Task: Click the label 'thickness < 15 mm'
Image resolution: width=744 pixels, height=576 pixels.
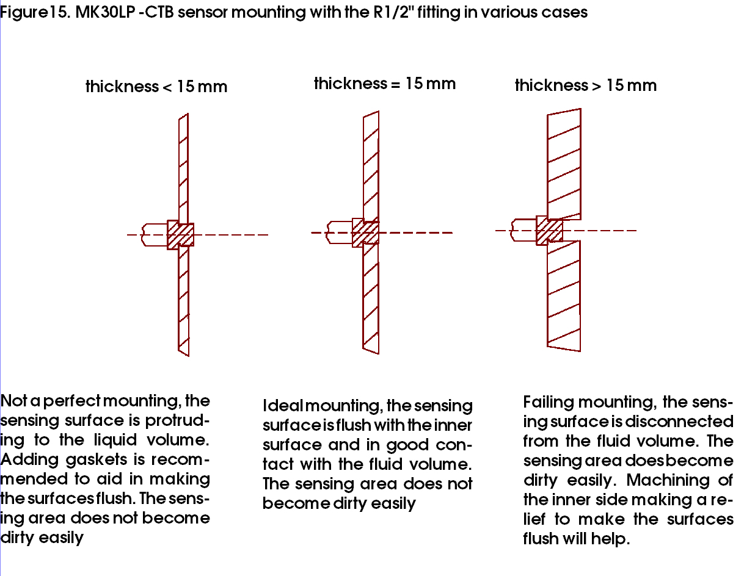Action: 156,86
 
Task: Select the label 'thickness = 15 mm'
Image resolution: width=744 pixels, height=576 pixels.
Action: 385,84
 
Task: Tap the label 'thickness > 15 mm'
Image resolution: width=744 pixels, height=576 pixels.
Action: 586,85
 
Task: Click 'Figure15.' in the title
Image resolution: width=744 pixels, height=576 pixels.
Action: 35,13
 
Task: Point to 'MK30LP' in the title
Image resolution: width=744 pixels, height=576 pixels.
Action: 106,12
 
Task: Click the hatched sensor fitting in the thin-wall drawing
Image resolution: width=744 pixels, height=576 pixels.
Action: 180,235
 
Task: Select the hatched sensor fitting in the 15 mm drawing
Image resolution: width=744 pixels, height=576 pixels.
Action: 366,232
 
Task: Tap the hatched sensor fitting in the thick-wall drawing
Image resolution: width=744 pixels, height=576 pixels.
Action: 550,231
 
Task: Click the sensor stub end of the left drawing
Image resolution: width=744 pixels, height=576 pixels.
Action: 155,235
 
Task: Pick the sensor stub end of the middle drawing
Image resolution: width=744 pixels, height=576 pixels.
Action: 340,232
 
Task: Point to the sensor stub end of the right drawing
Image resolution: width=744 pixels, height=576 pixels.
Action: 523,231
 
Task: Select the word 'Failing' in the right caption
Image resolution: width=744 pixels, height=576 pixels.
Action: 549,402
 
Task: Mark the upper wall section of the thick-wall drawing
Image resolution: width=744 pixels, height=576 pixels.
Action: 564,164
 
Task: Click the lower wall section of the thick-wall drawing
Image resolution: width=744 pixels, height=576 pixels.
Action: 564,296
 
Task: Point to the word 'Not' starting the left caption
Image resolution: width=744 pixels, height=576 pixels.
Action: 13,401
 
